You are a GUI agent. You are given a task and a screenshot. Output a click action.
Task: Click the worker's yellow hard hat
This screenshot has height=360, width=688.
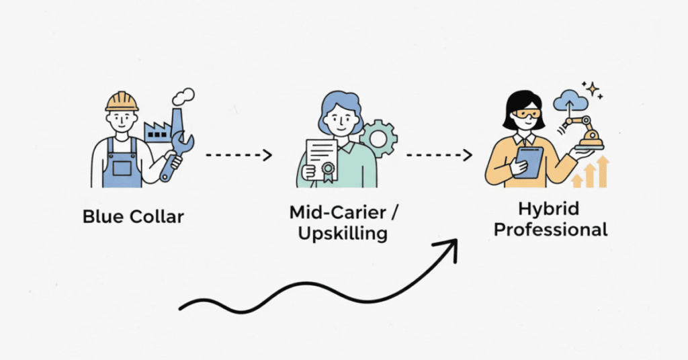pyautogui.click(x=122, y=101)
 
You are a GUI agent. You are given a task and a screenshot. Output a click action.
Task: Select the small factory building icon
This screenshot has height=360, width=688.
pyautogui.click(x=157, y=130)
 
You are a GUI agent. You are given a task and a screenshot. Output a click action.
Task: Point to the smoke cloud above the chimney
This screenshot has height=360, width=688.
pyautogui.click(x=183, y=96)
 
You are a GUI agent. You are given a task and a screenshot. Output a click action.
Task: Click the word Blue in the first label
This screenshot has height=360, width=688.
pyautogui.click(x=101, y=217)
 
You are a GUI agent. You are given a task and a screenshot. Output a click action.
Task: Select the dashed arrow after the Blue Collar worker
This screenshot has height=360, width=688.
pyautogui.click(x=239, y=155)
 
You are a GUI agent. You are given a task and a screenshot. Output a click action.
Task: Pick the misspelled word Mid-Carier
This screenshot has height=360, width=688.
pyautogui.click(x=339, y=212)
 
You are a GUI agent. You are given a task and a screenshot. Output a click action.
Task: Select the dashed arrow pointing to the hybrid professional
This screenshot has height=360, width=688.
pyautogui.click(x=439, y=155)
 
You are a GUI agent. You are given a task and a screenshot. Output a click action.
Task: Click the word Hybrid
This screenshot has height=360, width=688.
pyautogui.click(x=549, y=208)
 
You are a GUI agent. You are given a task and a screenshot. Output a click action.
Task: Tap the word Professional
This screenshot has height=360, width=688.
pyautogui.click(x=550, y=230)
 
